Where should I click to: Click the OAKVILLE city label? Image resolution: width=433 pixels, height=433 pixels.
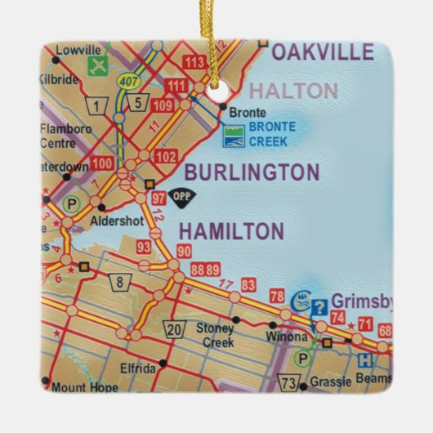[x=322, y=54]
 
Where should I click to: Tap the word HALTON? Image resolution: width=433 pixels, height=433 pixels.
[x=293, y=91]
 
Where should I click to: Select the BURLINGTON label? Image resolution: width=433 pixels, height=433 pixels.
[x=251, y=172]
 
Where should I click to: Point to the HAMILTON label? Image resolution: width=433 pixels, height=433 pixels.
[x=230, y=231]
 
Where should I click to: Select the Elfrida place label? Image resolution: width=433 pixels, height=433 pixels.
[x=136, y=368]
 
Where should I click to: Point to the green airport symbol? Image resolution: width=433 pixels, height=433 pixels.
[x=99, y=65]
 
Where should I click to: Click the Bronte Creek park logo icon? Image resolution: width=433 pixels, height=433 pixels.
[x=234, y=132]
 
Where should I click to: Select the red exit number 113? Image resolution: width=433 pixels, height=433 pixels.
[x=194, y=62]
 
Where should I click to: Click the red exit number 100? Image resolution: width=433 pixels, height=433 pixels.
[x=103, y=164]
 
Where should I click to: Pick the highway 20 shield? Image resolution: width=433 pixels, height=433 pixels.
[x=176, y=329]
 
